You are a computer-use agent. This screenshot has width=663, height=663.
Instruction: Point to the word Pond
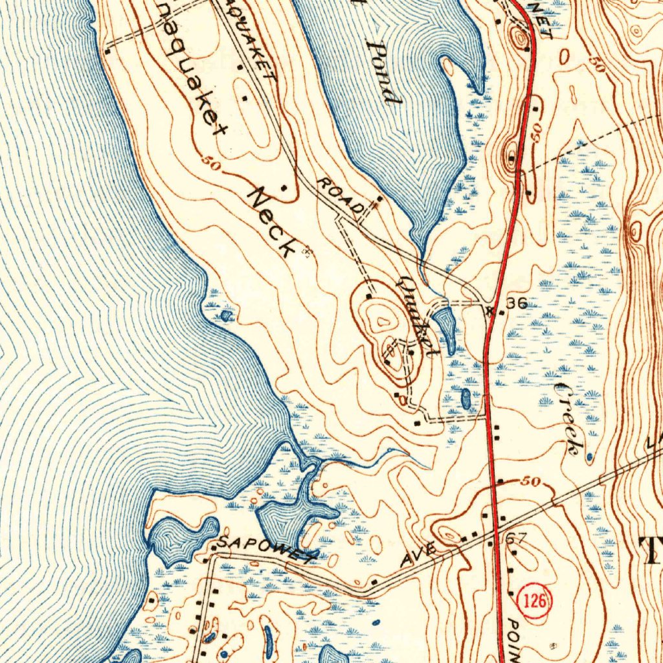383,72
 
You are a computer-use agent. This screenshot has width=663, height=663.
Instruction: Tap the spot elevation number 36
517,303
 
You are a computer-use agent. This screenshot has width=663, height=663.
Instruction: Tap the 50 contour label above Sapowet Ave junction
530,482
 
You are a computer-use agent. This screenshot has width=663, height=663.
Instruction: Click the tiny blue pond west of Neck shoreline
225,316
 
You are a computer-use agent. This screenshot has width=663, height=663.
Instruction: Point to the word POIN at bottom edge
514,641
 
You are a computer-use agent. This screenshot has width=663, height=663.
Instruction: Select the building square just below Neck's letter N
284,188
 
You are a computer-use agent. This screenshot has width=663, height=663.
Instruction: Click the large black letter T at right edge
651,551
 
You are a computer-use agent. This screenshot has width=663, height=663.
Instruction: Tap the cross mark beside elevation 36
490,310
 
